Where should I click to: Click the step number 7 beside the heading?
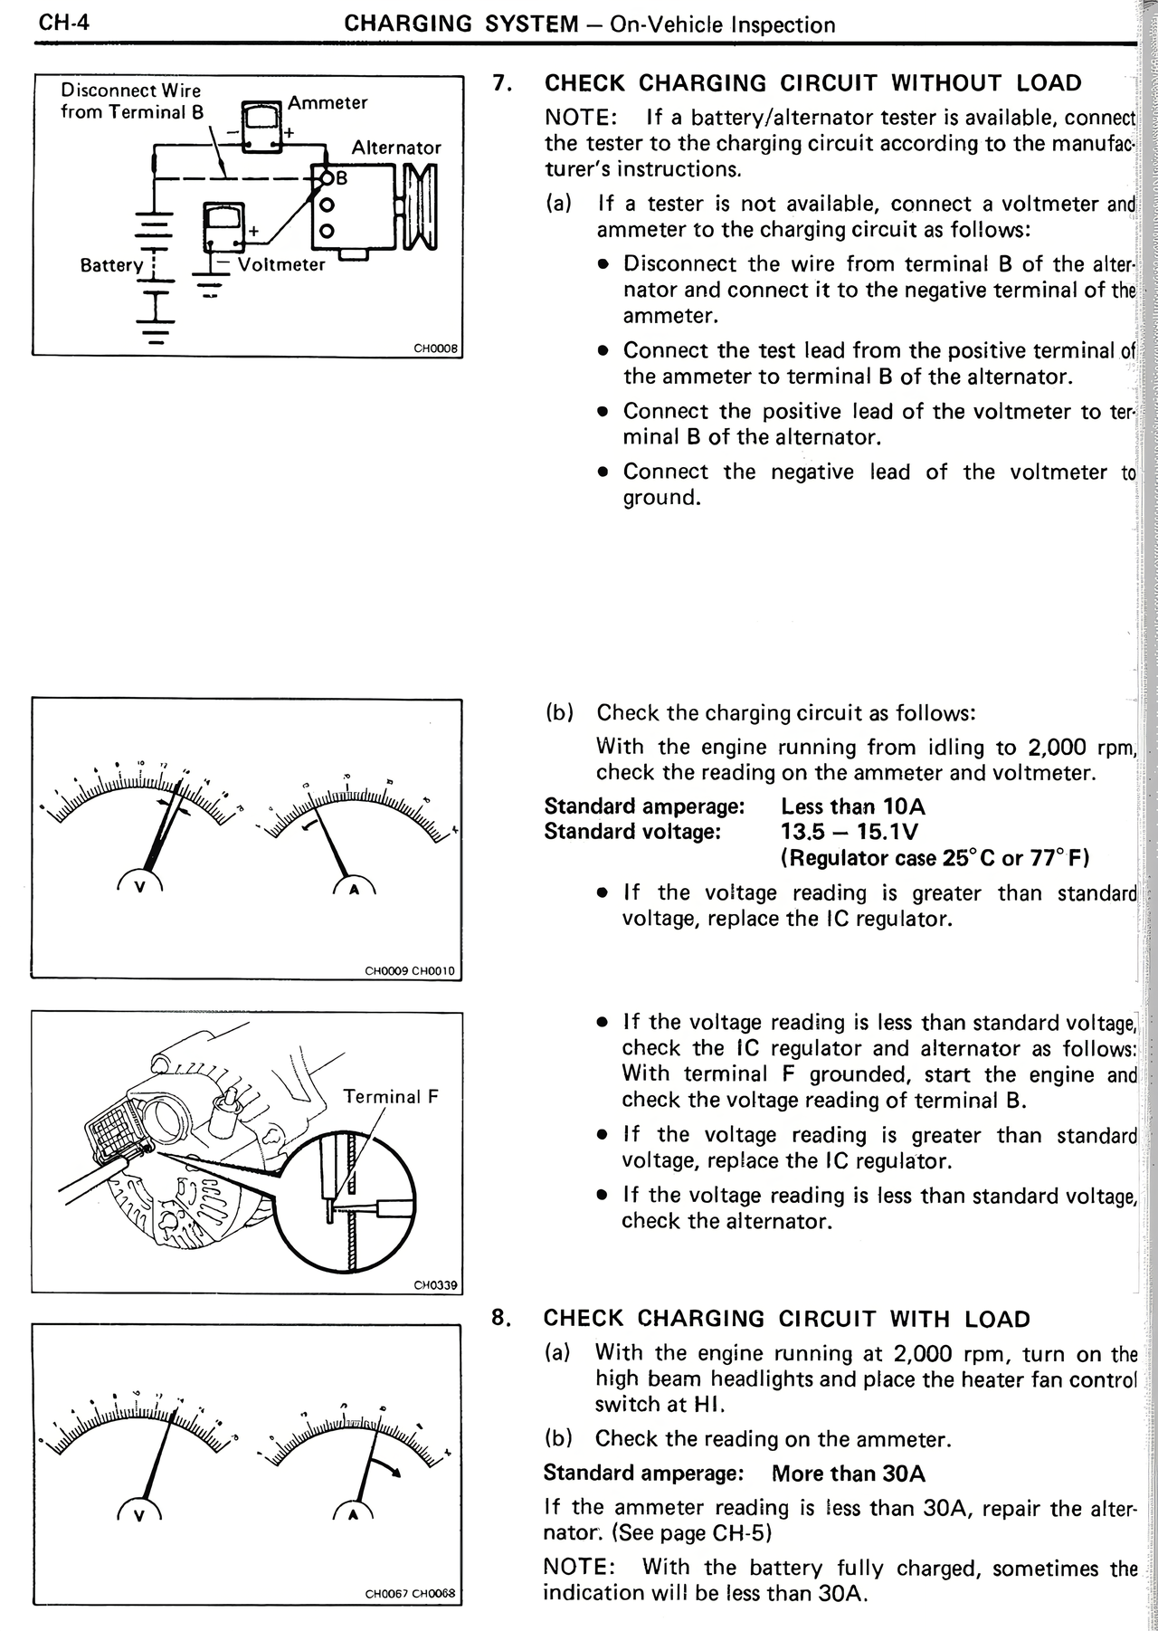tap(502, 83)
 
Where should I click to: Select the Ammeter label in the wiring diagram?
tap(327, 102)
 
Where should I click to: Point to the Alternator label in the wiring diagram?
tap(396, 148)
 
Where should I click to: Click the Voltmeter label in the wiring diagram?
tap(280, 265)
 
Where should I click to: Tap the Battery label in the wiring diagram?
tap(111, 265)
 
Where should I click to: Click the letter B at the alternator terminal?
tap(341, 178)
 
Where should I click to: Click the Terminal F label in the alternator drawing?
tap(391, 1097)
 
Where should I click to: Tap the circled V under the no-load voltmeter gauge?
tap(139, 887)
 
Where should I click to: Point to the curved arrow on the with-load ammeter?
tap(391, 1466)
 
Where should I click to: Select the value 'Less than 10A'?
tap(852, 806)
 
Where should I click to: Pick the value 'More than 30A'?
tap(848, 1474)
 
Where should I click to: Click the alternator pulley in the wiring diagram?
tap(421, 205)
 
